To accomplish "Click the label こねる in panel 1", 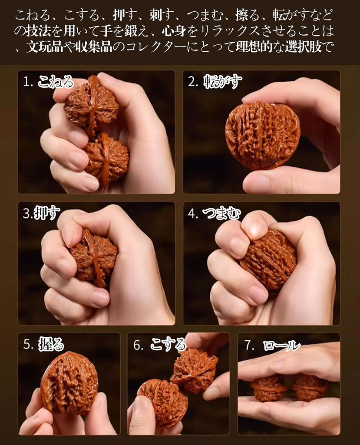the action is [56, 82].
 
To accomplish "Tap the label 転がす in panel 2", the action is [223, 82].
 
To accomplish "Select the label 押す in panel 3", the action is [47, 213].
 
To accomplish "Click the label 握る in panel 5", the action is [51, 344].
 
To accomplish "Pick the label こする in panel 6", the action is [168, 344].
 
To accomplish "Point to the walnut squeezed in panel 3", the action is [94, 257].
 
